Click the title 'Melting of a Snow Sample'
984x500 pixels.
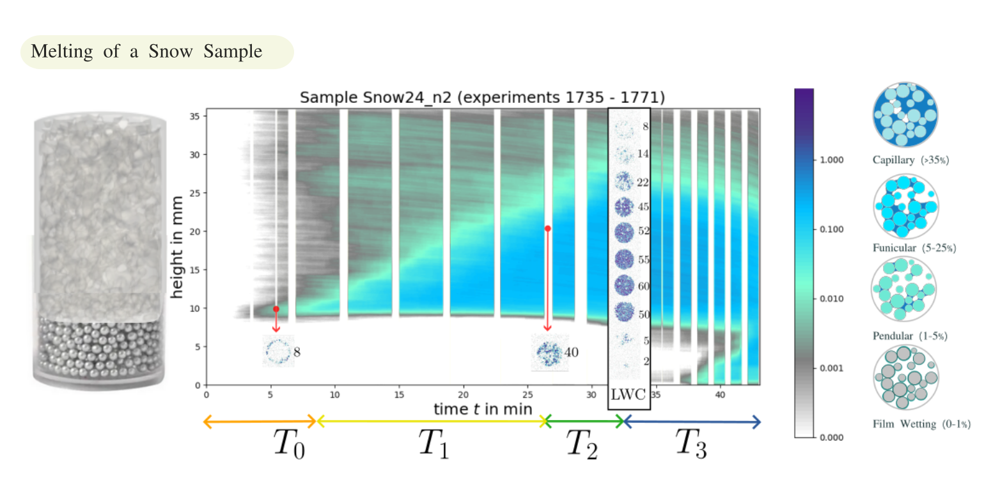pyautogui.click(x=146, y=52)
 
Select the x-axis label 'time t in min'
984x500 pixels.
pyautogui.click(x=483, y=409)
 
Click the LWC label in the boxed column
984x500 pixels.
pyautogui.click(x=629, y=394)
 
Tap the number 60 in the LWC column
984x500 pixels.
pyautogui.click(x=644, y=286)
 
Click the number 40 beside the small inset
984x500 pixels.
pyautogui.click(x=572, y=352)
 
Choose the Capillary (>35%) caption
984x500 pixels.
pyautogui.click(x=910, y=160)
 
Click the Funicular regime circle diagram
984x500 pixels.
pyautogui.click(x=904, y=206)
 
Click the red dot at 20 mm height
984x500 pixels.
pyautogui.click(x=547, y=228)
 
